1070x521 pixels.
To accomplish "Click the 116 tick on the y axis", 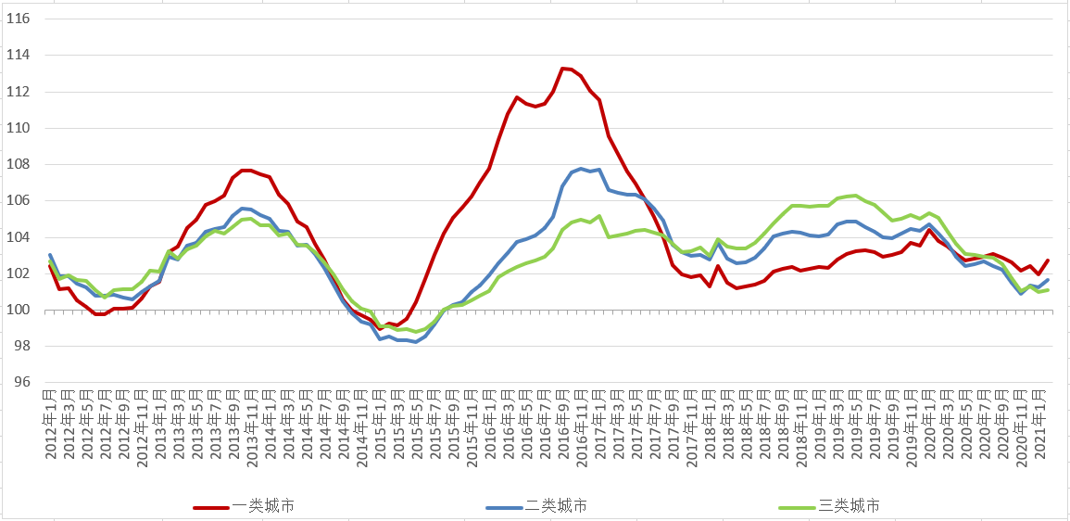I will point(19,19).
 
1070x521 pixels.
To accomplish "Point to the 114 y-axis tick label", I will point(19,55).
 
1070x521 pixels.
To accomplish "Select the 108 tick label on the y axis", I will point(19,164).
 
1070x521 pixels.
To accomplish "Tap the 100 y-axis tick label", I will point(19,310).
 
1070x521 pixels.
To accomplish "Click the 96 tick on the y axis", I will point(23,383).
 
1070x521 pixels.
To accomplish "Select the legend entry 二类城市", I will point(556,506).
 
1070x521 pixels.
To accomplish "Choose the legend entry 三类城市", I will point(849,506).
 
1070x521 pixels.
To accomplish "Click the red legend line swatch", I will point(211,507).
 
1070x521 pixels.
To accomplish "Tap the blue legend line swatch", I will point(504,507).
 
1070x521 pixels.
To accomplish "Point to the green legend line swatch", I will point(797,507).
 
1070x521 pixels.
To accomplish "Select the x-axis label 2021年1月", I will point(1039,422).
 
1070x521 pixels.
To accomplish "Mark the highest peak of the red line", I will point(563,68).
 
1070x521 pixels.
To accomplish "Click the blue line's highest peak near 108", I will point(581,169).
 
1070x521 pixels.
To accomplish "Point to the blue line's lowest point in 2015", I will point(416,342).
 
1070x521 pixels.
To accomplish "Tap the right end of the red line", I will point(1048,260).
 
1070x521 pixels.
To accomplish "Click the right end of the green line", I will point(1048,290).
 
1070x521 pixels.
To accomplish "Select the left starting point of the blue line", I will point(50,254).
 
